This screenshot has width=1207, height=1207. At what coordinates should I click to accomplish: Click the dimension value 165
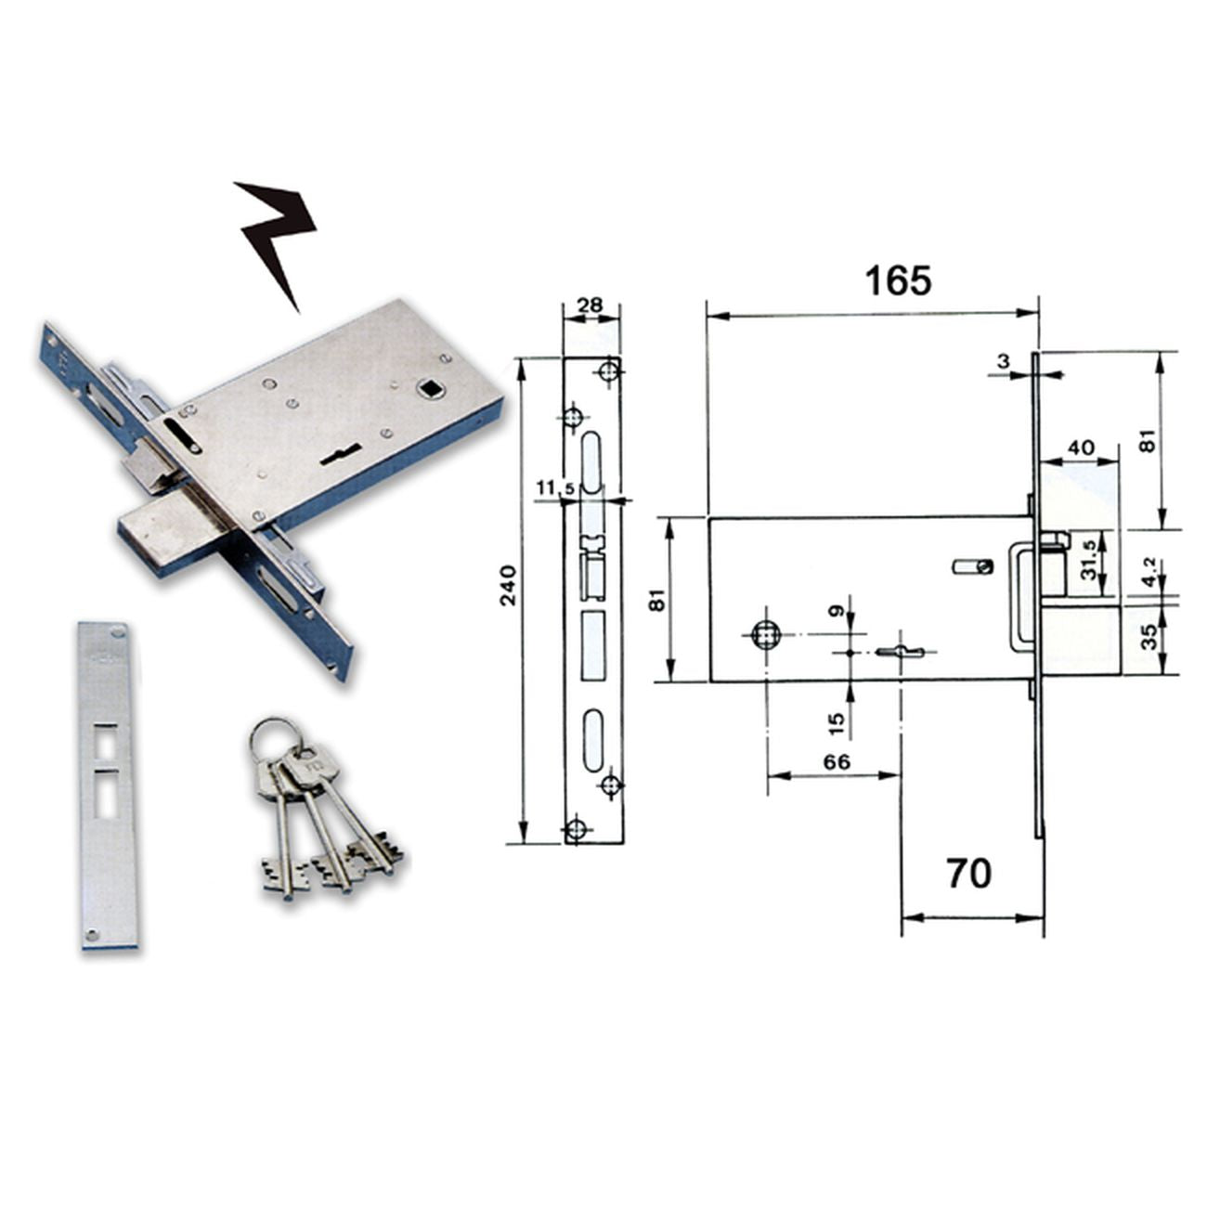tap(898, 281)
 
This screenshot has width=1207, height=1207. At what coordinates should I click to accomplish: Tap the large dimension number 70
tap(969, 874)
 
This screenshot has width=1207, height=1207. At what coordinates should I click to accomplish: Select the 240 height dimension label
tap(509, 585)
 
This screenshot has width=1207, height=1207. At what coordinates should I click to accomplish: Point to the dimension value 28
tap(590, 305)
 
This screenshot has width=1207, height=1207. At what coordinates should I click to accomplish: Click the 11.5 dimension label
tap(555, 487)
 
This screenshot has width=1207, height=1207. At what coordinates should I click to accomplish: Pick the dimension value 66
tap(837, 761)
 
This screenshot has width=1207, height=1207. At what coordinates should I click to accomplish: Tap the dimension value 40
tap(1081, 448)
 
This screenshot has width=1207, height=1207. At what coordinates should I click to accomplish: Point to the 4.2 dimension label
tap(1150, 572)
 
